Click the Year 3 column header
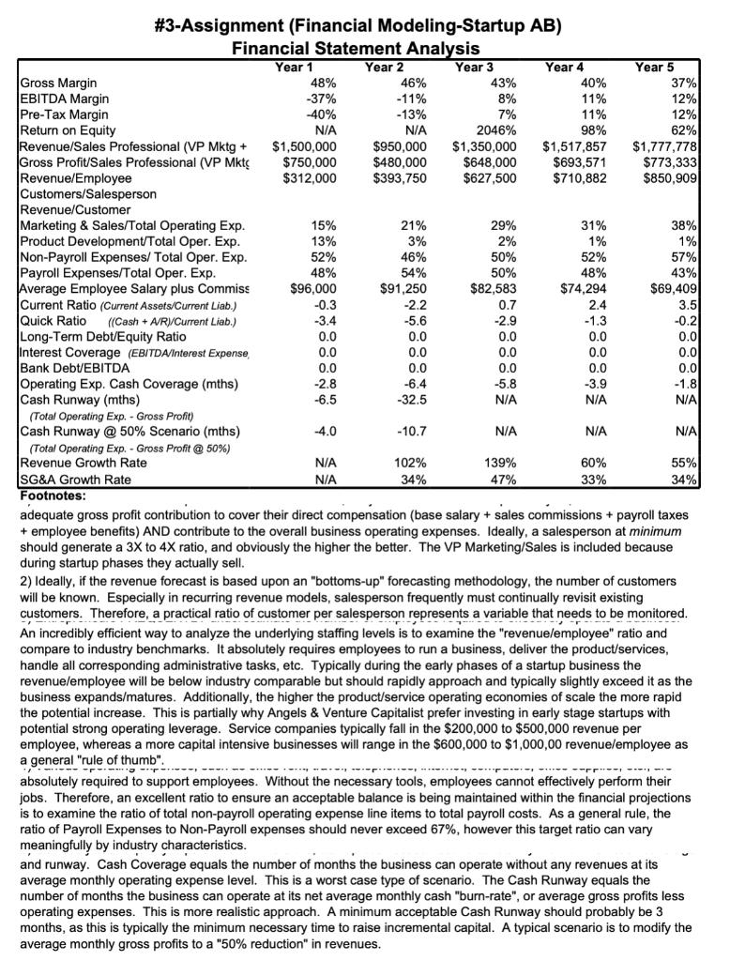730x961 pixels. point(474,67)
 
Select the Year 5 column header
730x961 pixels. point(654,67)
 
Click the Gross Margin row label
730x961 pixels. point(58,83)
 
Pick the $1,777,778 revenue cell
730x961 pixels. point(664,146)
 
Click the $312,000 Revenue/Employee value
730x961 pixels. point(309,178)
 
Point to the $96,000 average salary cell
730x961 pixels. point(314,289)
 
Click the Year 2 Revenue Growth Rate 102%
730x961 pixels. point(413,463)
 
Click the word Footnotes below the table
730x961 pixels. point(53,495)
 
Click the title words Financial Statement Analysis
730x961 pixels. point(356,48)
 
